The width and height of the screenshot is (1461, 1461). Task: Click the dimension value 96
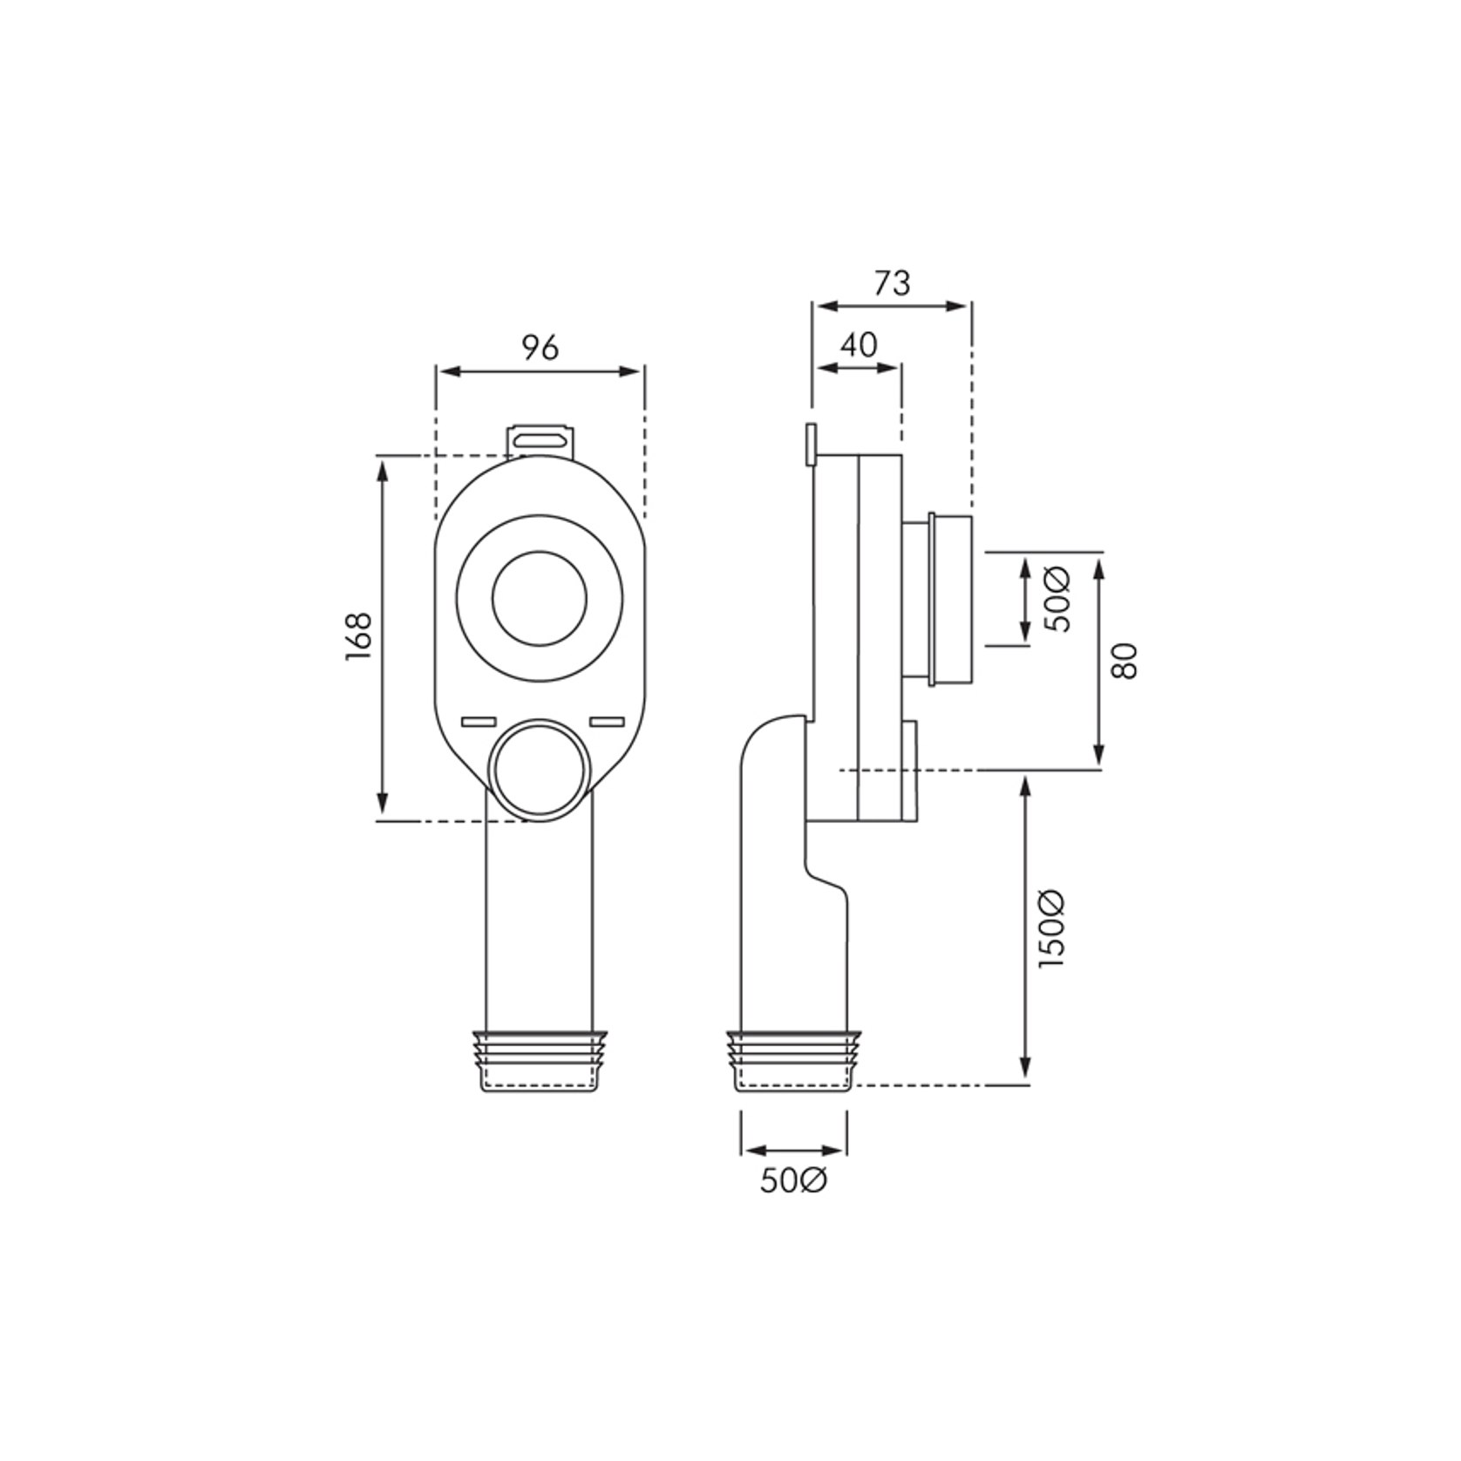click(x=540, y=348)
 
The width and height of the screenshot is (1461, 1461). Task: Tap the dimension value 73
click(x=892, y=283)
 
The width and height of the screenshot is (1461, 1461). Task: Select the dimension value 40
click(x=859, y=345)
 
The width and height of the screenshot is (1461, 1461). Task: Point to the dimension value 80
click(x=1125, y=661)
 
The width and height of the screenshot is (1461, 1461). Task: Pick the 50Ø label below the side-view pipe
click(x=793, y=1181)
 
